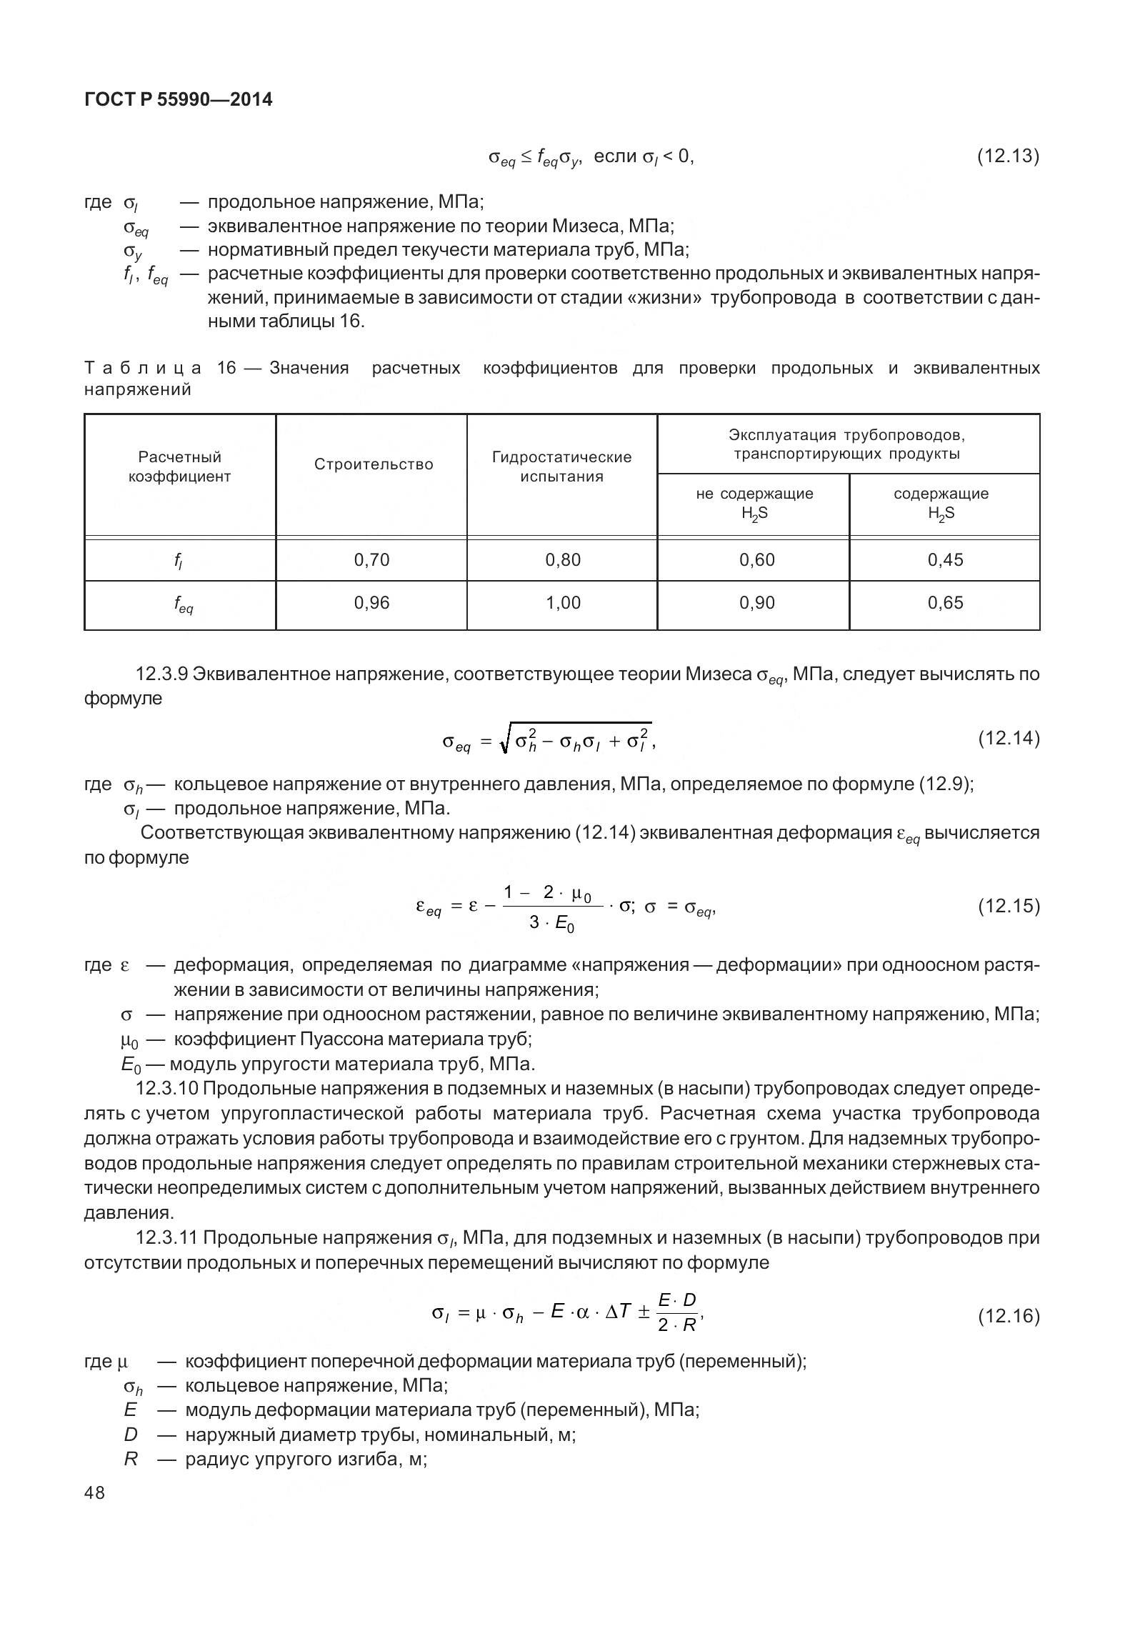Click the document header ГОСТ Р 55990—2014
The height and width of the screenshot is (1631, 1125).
pos(178,100)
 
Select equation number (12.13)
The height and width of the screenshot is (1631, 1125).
pos(1008,156)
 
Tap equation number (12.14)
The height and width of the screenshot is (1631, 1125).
pos(1008,738)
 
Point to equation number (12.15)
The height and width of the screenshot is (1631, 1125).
pos(1008,906)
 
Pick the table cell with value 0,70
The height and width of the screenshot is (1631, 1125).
pos(371,560)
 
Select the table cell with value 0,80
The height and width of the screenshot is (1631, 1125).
pos(563,560)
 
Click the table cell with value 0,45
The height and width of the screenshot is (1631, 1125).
pos(945,560)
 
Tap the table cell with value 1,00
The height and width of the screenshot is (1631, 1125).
pos(563,603)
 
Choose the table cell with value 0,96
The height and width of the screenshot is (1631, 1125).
pos(371,603)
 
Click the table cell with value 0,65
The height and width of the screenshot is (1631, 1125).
pos(945,603)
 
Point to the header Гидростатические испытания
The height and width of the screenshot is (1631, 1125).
pos(561,467)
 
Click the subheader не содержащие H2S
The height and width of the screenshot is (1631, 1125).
pos(754,503)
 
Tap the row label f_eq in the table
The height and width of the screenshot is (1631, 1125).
pos(183,604)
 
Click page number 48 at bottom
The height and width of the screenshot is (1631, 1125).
pos(94,1492)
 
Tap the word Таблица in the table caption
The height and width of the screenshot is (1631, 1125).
pos(143,369)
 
